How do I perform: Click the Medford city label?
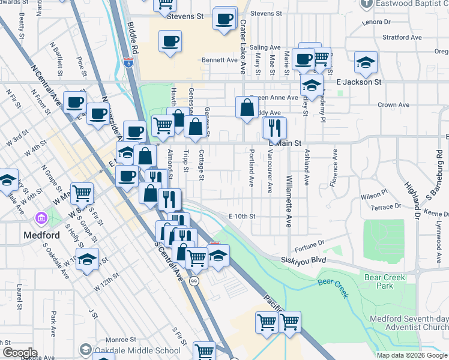click(41, 233)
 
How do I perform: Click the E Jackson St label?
click(359, 82)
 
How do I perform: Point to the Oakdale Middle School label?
click(138, 350)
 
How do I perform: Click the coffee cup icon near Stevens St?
click(224, 18)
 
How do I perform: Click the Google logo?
click(19, 353)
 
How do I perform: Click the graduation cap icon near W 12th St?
click(88, 259)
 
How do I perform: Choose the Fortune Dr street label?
click(310, 243)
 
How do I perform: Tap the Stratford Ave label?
click(401, 37)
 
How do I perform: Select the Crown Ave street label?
click(394, 104)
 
